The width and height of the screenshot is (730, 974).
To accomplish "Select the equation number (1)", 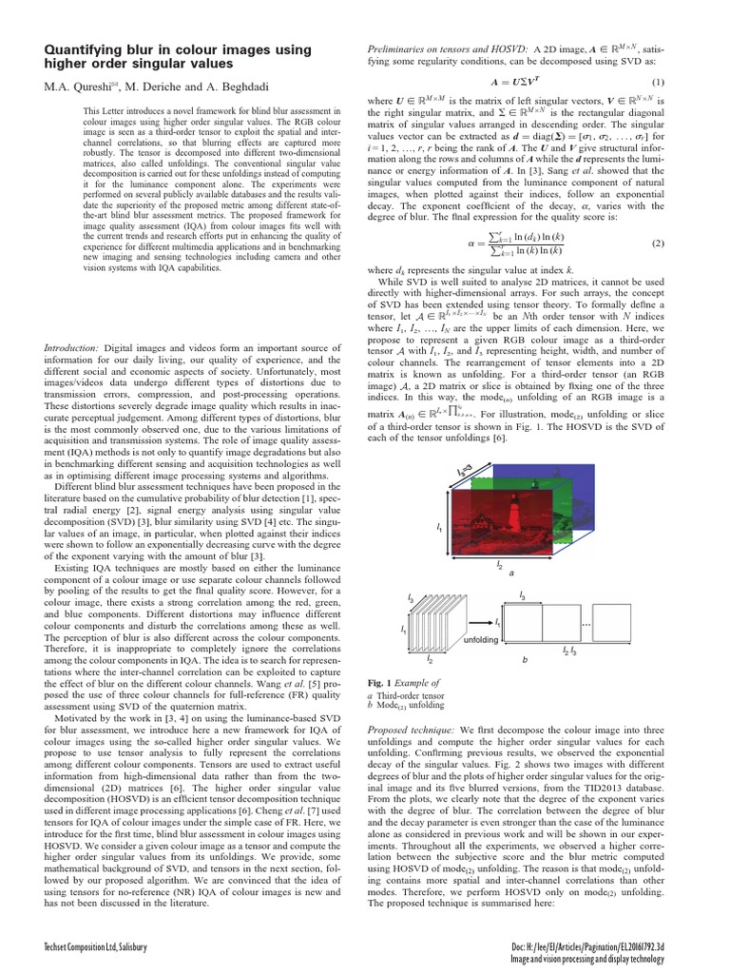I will [x=658, y=81].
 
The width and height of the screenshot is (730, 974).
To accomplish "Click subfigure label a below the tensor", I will [x=512, y=574].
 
